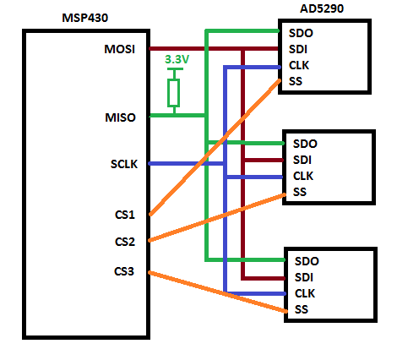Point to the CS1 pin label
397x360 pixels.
point(125,215)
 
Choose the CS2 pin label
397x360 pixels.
point(125,242)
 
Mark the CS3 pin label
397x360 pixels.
point(125,271)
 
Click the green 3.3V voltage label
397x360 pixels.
point(177,61)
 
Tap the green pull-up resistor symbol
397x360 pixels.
point(174,92)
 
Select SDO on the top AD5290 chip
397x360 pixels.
point(302,33)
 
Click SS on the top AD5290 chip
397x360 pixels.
point(296,81)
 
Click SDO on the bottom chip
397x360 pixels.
point(307,261)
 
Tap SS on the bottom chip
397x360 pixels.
point(302,310)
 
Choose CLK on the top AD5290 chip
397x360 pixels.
point(301,65)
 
